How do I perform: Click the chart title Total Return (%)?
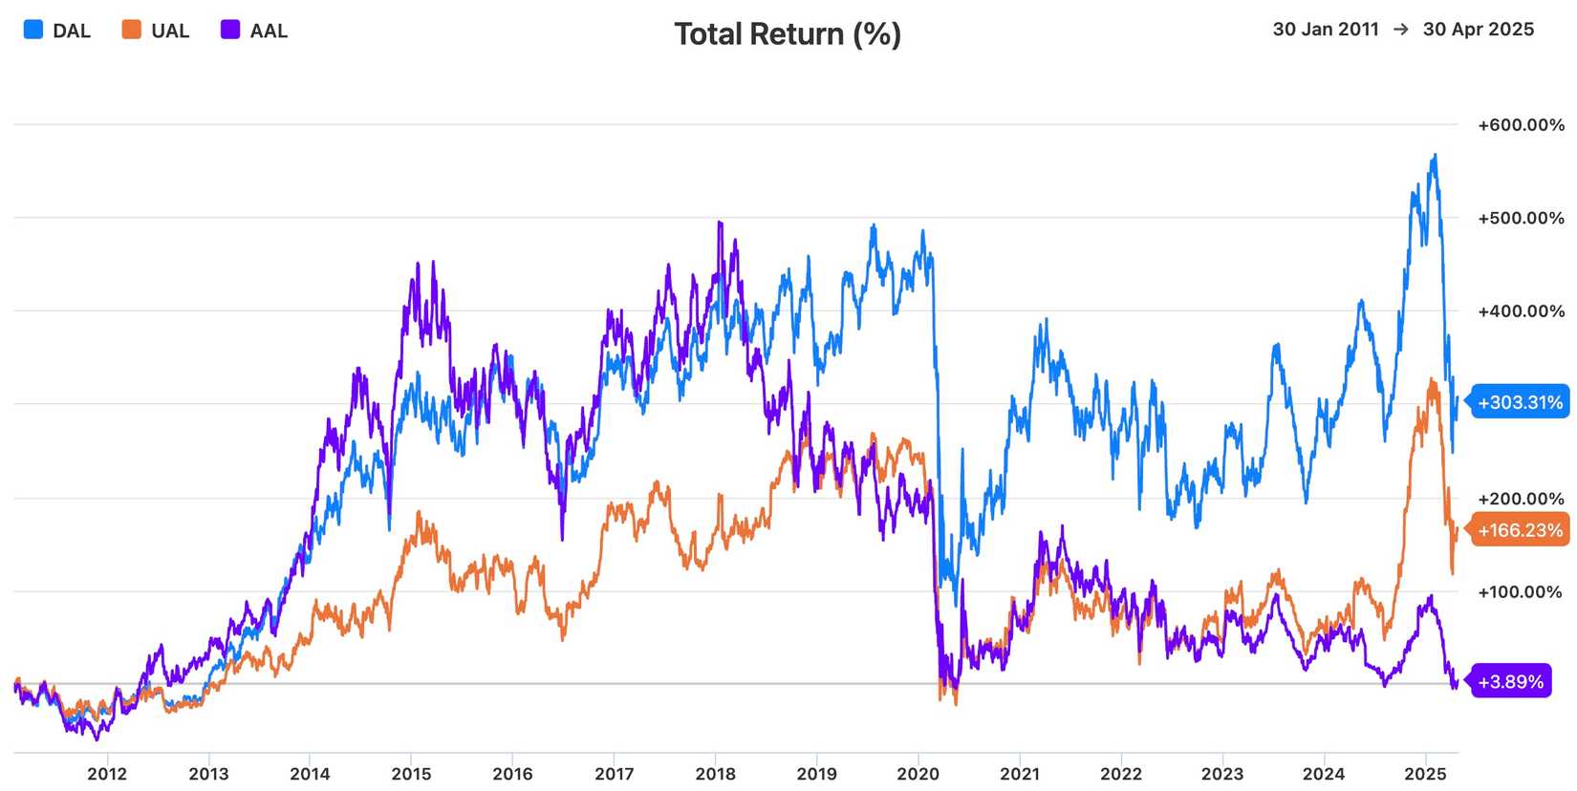788,33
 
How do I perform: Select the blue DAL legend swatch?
33,30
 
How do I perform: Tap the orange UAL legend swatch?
132,30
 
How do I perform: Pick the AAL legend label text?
269,31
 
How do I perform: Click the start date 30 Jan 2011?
1326,30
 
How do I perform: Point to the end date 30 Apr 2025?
1479,30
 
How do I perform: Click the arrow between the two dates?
1401,30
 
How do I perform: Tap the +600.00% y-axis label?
1522,125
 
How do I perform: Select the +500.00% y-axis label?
1522,218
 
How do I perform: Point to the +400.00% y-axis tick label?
1522,311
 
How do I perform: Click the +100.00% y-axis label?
1522,592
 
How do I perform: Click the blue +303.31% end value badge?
1518,402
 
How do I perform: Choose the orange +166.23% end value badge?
1518,530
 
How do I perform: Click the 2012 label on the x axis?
107,774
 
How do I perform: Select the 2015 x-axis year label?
411,774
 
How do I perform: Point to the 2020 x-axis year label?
918,774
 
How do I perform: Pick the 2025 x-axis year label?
1426,774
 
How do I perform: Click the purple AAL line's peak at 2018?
720,223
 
